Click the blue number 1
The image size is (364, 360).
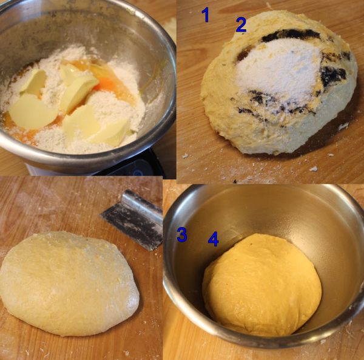click(206, 15)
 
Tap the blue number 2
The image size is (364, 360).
click(241, 25)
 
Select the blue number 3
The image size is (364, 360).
click(182, 235)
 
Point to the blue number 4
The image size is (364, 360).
click(213, 239)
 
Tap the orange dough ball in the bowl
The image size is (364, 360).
click(262, 285)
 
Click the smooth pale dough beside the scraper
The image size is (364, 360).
click(69, 283)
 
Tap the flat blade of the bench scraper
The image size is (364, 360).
click(131, 226)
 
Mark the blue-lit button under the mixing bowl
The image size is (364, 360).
click(138, 172)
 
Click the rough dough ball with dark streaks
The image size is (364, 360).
click(278, 84)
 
